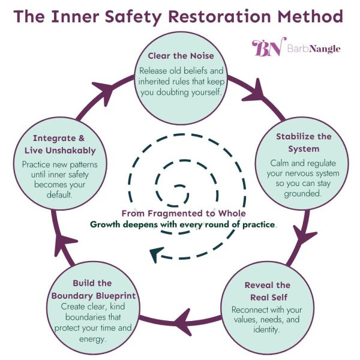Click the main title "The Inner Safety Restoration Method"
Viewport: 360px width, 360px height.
point(180,16)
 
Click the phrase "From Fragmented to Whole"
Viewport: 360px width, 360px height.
point(179,214)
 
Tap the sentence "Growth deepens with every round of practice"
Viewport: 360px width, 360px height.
point(183,224)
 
